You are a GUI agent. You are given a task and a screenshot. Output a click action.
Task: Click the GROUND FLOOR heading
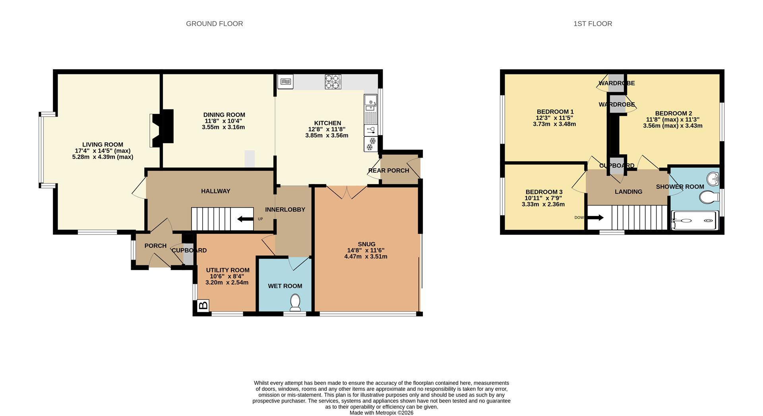(214, 24)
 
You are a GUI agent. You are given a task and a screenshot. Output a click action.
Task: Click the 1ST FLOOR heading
(593, 24)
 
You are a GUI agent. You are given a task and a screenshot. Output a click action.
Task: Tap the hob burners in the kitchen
(333, 82)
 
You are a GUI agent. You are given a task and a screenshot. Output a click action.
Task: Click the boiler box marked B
(203, 306)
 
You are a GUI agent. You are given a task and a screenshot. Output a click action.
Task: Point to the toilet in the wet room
(295, 302)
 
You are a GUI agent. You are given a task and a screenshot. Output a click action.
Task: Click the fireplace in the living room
(162, 126)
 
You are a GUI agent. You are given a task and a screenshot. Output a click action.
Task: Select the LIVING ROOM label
(103, 144)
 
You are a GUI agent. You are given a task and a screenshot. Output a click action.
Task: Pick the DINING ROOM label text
(224, 115)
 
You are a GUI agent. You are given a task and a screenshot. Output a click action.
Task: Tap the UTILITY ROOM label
(228, 270)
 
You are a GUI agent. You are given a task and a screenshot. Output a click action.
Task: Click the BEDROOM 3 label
(544, 192)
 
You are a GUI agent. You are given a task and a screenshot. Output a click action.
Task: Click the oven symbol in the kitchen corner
(285, 82)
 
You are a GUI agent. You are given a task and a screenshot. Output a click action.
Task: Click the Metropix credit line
(381, 413)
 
